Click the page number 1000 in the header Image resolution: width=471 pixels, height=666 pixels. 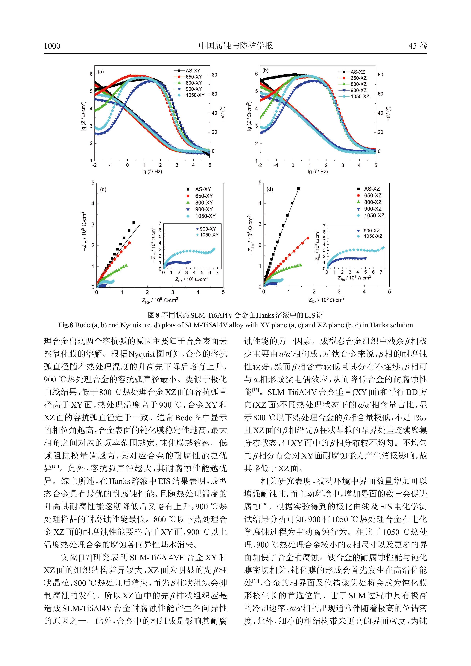pyautogui.click(x=52, y=46)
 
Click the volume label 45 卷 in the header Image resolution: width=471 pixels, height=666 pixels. pyautogui.click(x=418, y=46)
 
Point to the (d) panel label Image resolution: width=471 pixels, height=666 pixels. pyautogui.click(x=270, y=189)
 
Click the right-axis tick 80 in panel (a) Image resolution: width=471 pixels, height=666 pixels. pyautogui.click(x=214, y=75)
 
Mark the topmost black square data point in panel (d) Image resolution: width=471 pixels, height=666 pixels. pyautogui.click(x=298, y=189)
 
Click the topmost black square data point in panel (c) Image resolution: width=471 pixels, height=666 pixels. pyautogui.click(x=134, y=223)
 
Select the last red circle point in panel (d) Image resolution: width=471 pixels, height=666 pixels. pyautogui.click(x=308, y=238)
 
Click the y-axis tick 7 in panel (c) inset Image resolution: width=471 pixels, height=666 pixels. pyautogui.click(x=160, y=223)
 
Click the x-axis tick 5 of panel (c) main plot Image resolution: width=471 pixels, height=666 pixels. pyautogui.click(x=223, y=292)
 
